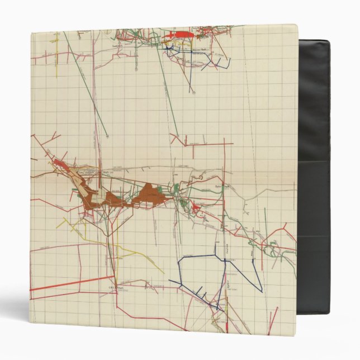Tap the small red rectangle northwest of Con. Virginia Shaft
[x=59, y=163]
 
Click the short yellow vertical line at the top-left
[x=56, y=40]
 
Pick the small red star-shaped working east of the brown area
[x=196, y=209]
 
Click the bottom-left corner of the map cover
[x=30, y=324]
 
